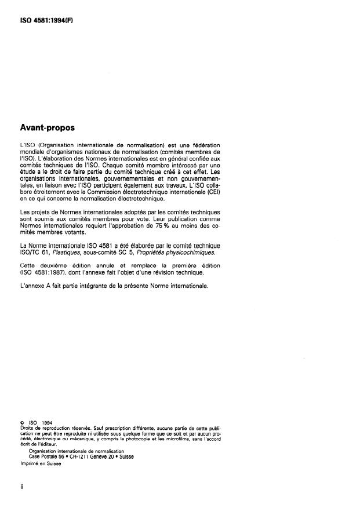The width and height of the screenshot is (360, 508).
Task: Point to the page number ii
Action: (21, 486)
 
